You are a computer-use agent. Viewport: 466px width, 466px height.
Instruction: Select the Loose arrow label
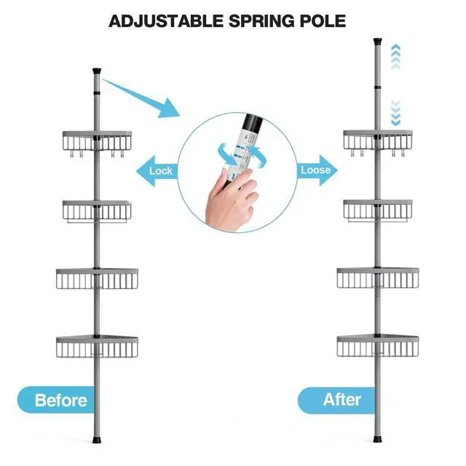(315, 170)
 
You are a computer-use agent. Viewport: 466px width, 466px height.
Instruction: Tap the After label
(341, 399)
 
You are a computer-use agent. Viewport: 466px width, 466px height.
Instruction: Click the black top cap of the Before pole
(97, 73)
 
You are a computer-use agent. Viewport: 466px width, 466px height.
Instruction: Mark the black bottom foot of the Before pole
(97, 443)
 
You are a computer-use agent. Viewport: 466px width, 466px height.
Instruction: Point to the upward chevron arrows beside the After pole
(395, 57)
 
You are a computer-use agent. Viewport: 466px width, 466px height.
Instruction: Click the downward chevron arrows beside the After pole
(395, 111)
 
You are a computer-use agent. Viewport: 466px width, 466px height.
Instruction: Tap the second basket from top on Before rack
(97, 210)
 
